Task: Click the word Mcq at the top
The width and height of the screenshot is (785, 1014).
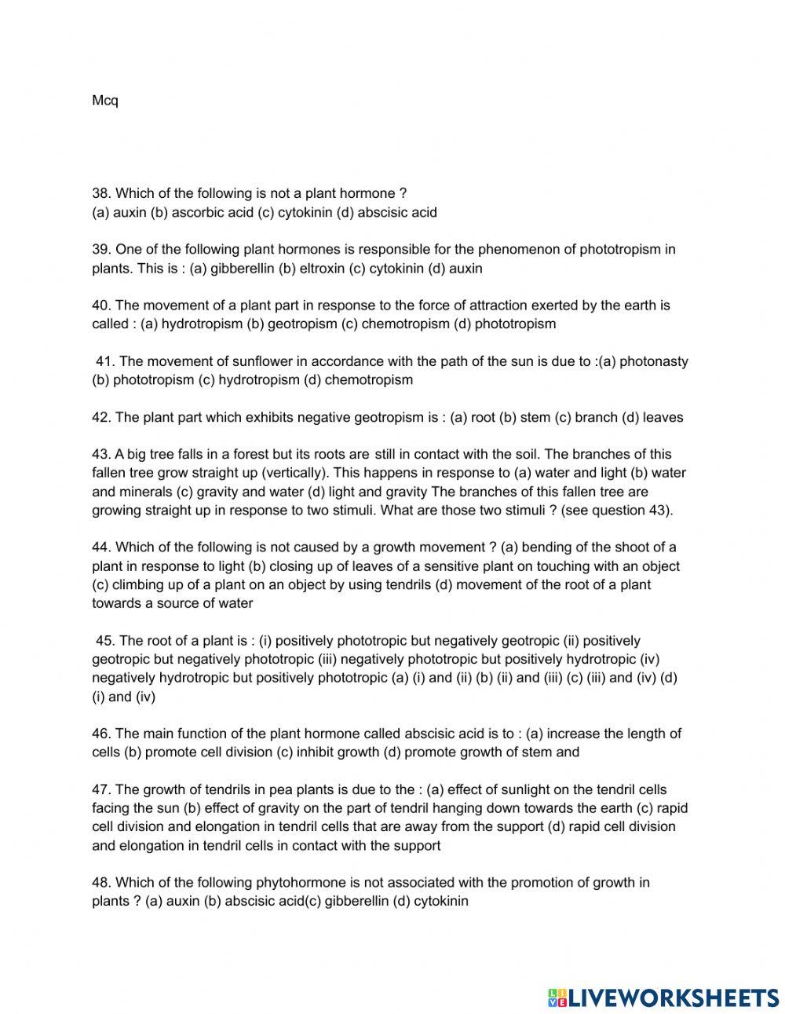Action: [x=105, y=101]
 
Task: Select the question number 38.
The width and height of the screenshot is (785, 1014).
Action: [x=100, y=193]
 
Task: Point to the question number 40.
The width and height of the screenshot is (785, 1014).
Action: [x=100, y=306]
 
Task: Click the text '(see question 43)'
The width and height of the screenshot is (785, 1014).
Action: [x=619, y=510]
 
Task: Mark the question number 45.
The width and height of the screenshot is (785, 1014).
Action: [x=105, y=641]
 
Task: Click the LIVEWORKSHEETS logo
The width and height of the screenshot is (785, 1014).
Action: [x=663, y=997]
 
